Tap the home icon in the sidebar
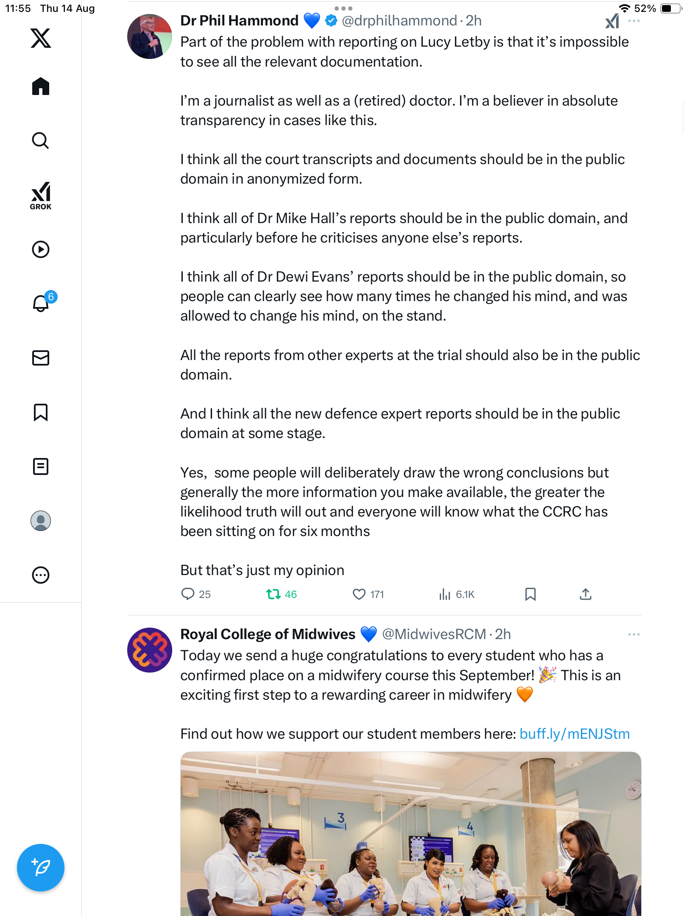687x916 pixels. [x=41, y=87]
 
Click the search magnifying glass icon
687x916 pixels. [x=41, y=140]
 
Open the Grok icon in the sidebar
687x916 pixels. [x=41, y=195]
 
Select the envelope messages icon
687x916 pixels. [x=41, y=358]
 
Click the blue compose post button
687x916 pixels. [x=41, y=868]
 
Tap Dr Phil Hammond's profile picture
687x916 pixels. [x=149, y=36]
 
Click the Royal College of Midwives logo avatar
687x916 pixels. [x=149, y=650]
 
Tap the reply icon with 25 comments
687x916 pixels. [x=187, y=594]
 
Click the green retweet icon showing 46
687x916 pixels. [x=274, y=594]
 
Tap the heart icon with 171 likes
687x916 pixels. [x=359, y=594]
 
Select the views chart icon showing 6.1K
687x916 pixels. [x=444, y=594]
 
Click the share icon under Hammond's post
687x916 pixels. [x=586, y=594]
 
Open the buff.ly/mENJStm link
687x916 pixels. [x=575, y=734]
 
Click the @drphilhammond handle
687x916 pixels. [x=399, y=20]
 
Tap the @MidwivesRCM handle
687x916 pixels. [x=434, y=634]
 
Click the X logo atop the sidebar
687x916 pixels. [x=41, y=38]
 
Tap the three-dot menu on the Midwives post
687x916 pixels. [x=634, y=634]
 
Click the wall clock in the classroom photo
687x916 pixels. [x=633, y=789]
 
